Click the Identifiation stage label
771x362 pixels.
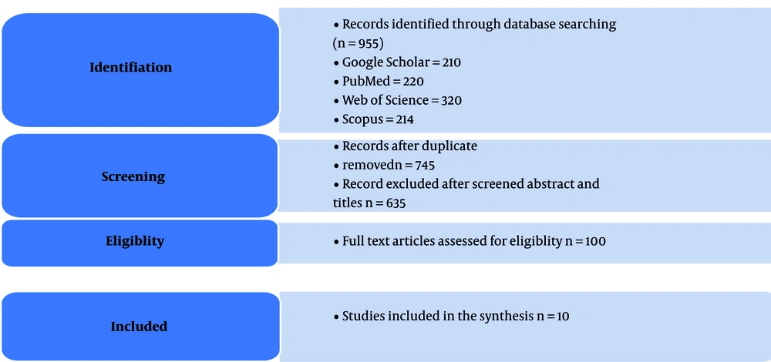[131, 67]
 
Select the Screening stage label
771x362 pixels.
[133, 177]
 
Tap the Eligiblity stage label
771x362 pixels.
[135, 241]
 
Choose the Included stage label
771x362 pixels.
[139, 327]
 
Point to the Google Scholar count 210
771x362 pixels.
[451, 62]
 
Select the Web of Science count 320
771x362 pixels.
[451, 101]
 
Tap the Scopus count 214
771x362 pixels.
[403, 120]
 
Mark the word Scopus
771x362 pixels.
[359, 120]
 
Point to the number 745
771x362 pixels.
[424, 166]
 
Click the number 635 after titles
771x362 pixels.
[395, 203]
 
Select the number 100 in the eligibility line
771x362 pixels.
[595, 242]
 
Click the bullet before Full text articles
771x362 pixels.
[336, 242]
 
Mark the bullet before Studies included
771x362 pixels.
[336, 317]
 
